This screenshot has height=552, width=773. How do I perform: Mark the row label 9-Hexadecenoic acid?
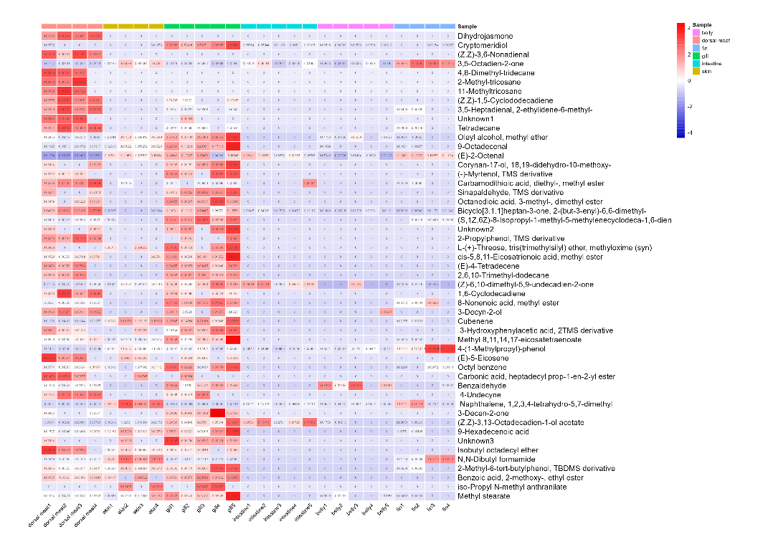click(x=493, y=432)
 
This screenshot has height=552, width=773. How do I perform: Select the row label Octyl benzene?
click(x=482, y=367)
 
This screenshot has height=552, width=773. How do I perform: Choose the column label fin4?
click(x=446, y=511)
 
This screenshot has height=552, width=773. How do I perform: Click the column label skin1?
click(x=108, y=513)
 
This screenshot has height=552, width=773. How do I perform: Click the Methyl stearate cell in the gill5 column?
click(x=233, y=496)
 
